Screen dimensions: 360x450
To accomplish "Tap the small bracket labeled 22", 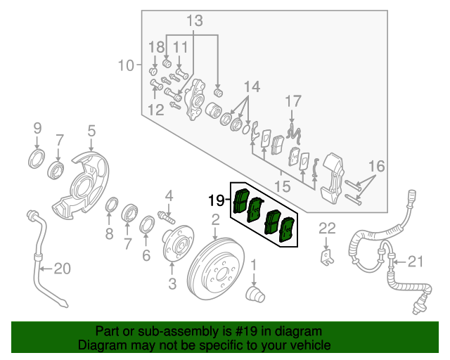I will (x=326, y=256).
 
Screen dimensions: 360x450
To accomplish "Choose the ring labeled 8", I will (x=110, y=205).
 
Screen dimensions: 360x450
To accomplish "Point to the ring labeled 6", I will (x=148, y=225).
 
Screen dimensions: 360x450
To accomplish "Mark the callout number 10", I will (x=125, y=67).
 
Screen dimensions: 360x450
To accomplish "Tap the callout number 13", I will (x=194, y=21).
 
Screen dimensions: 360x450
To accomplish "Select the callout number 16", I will (x=377, y=167).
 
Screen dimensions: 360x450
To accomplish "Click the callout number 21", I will (x=416, y=262).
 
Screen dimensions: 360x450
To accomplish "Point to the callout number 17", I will (x=293, y=101).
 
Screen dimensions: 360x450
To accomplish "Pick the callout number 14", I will (x=252, y=86).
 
